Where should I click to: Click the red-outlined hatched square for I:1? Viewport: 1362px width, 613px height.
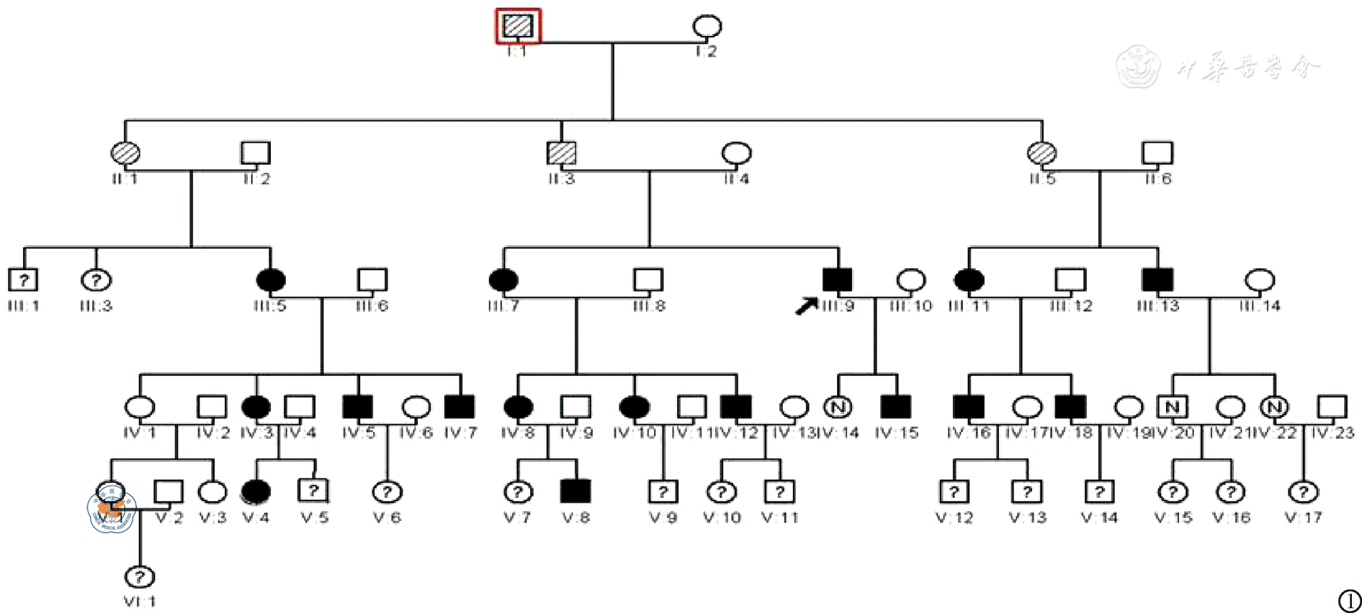pos(517,27)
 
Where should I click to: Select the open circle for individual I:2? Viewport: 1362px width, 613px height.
pos(707,27)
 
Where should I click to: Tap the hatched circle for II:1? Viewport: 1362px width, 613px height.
pos(125,153)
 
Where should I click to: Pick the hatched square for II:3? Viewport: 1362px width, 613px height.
pos(561,153)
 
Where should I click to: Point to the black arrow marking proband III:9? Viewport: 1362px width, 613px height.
pos(806,306)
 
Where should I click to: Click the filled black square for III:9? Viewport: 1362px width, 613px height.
pos(837,279)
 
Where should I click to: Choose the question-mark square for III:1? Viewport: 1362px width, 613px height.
pos(23,279)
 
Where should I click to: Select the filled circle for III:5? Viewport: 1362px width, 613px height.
pos(271,279)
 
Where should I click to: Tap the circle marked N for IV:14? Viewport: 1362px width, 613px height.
pos(837,407)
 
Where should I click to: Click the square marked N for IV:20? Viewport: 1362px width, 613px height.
pos(1172,407)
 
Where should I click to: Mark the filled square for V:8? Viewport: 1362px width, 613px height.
pos(575,491)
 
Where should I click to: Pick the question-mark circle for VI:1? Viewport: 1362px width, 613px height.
pos(140,576)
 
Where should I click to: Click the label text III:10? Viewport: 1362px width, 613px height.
pos(910,306)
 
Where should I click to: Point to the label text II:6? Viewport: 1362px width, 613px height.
pos(1157,179)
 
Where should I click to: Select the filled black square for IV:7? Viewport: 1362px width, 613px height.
pos(460,407)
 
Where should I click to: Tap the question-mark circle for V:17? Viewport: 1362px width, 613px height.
pos(1303,491)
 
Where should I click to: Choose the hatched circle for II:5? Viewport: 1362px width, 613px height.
pos(1041,153)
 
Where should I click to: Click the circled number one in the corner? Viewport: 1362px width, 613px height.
pos(1349,600)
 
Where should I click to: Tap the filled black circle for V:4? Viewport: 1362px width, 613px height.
pos(256,491)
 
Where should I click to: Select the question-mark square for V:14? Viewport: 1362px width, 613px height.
pos(1099,491)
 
